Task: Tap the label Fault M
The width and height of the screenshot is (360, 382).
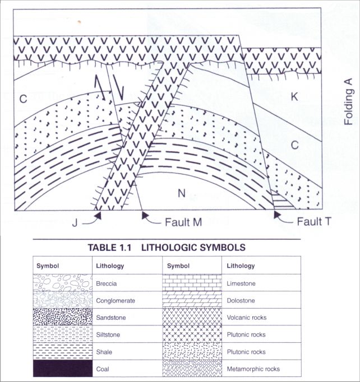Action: (183, 222)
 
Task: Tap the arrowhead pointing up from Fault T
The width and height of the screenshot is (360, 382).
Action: (277, 214)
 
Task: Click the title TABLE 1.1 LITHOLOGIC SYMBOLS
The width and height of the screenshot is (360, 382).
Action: (167, 247)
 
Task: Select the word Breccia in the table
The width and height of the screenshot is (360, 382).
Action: (107, 283)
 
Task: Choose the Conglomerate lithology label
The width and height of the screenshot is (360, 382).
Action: (116, 300)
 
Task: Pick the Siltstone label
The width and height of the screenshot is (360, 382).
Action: (109, 334)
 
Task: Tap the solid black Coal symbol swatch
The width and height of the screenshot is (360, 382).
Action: (62, 369)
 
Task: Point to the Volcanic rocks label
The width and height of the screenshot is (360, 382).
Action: (247, 317)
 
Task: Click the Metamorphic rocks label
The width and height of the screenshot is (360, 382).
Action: (252, 369)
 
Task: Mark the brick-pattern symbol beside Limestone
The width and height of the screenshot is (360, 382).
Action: (191, 283)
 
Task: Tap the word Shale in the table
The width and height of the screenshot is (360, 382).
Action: (105, 351)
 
